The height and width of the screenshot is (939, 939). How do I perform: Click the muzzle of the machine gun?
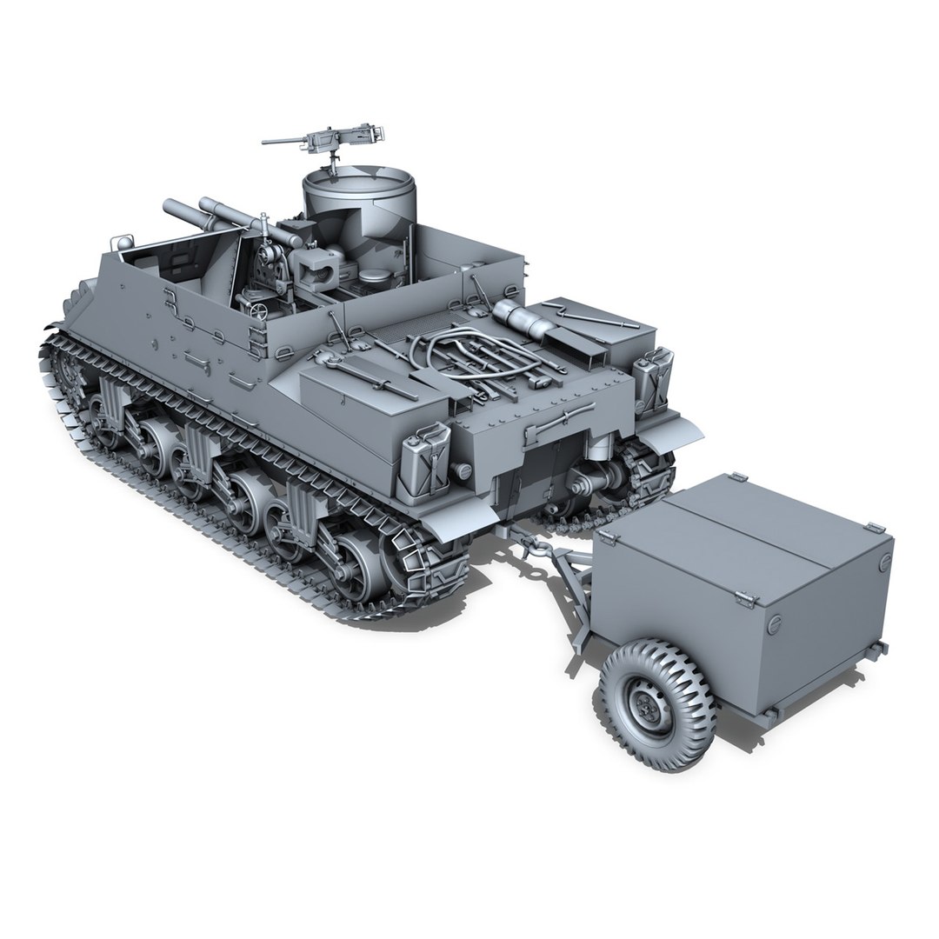265,142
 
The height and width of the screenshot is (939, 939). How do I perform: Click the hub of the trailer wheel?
648,709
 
